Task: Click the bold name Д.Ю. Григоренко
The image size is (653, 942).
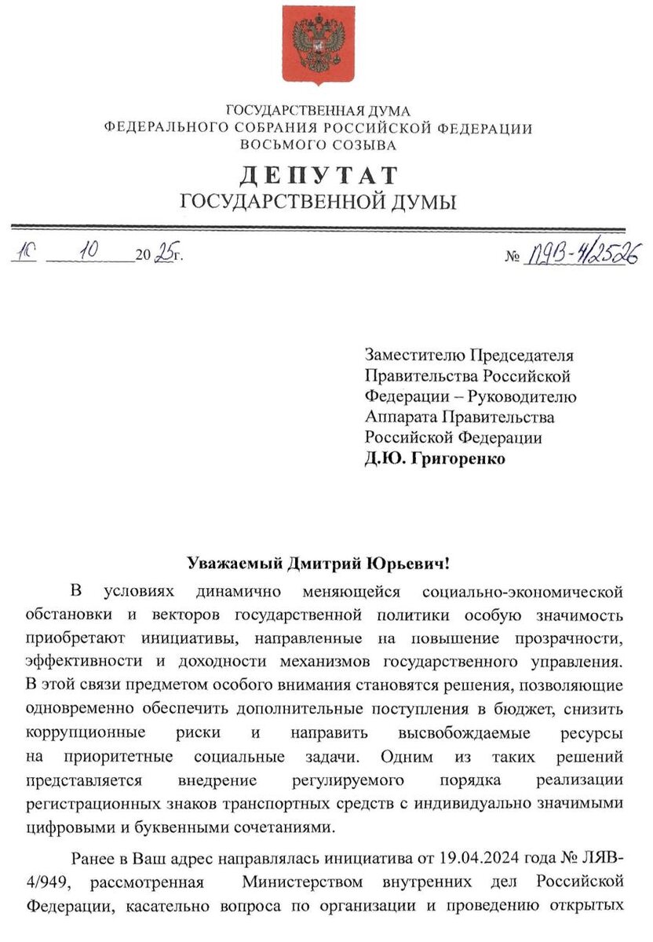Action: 435,458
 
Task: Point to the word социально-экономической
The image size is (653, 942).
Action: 523,590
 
